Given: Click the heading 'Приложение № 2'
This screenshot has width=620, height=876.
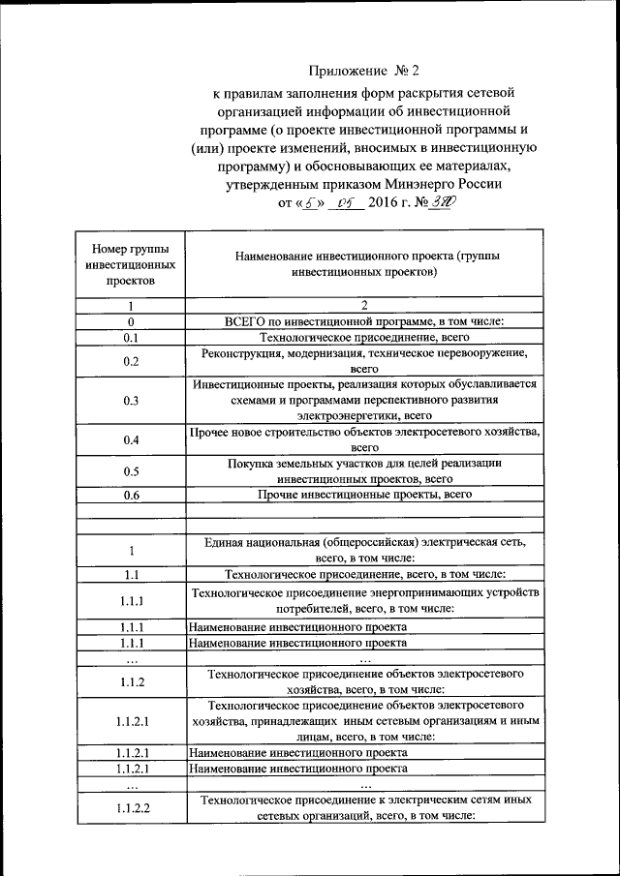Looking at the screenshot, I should tap(364, 70).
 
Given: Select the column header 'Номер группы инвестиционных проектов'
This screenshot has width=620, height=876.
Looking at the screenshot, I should tap(131, 264).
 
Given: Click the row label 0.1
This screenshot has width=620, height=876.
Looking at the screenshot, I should tap(131, 338).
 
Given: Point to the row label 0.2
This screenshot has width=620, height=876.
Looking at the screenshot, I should tap(131, 361).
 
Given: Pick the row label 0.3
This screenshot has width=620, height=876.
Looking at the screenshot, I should tap(131, 400).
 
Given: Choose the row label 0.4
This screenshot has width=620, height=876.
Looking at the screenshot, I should tap(131, 440).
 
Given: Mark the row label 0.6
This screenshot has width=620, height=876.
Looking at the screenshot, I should tap(131, 496).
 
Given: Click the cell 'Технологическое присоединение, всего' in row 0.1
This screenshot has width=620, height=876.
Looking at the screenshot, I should tap(364, 338).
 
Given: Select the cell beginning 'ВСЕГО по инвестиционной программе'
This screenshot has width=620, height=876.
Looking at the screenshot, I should tap(364, 321).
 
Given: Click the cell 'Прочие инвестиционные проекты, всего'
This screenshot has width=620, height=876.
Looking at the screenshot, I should tap(364, 495).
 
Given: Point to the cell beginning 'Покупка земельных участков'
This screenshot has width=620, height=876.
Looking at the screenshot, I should tap(364, 471).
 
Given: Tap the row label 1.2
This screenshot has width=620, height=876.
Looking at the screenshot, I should tap(131, 681).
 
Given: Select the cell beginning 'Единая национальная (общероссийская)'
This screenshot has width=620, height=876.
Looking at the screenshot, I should tap(364, 550).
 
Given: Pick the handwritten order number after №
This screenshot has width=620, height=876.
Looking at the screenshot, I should tap(443, 203).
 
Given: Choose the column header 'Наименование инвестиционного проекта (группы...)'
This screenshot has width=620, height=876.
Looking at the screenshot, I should tap(364, 264).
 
